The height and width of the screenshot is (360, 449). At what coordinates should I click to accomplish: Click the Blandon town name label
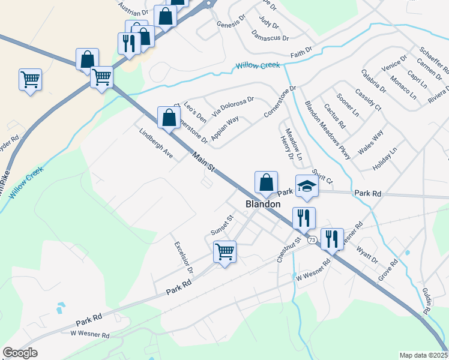coord(263,204)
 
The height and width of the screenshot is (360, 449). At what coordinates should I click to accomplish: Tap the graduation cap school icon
coord(306,185)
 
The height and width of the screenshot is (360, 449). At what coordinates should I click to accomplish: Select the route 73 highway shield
coord(312,240)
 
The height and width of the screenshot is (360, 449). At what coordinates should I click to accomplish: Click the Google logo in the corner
coord(20,353)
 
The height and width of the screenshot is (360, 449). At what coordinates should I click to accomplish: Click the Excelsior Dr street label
coord(183,257)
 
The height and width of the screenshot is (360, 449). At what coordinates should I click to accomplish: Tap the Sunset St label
coord(221,227)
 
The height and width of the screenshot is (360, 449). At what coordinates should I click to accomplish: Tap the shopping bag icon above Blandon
coord(266,181)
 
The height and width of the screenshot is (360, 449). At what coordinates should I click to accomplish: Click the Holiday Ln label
coord(385,158)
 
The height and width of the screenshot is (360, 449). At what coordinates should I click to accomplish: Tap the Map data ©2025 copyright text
coord(423,355)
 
